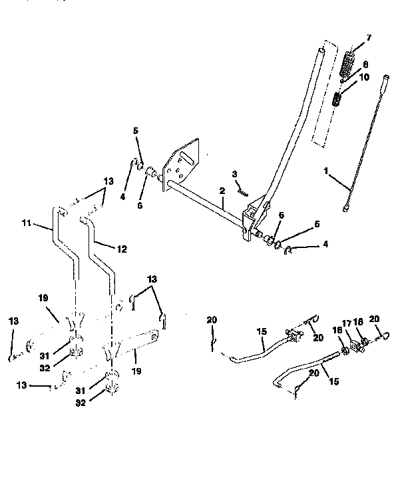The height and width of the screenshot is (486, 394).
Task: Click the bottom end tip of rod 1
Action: coord(347,209)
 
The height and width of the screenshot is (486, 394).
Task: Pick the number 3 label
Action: coord(234,174)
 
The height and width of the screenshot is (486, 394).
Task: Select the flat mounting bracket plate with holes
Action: coord(184,163)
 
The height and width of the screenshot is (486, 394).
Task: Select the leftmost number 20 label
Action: coord(211,321)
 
